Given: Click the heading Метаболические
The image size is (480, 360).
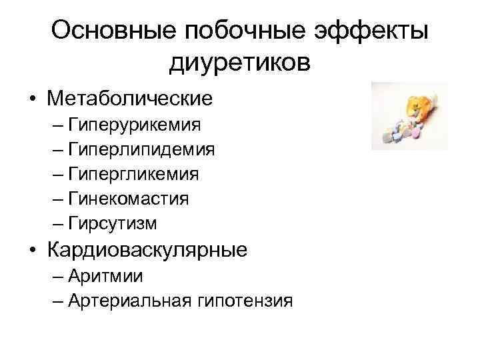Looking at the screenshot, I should coord(129,99).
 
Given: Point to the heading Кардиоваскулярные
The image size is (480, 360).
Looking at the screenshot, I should coord(147,250).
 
